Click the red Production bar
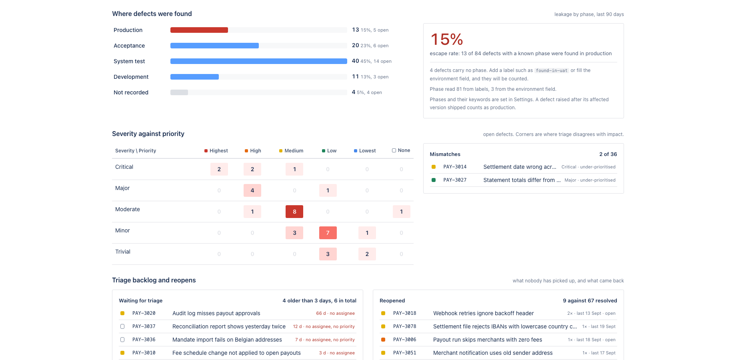[x=199, y=30]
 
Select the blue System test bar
[x=259, y=61]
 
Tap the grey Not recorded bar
[x=179, y=92]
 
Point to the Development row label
[x=131, y=77]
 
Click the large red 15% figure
[x=447, y=40]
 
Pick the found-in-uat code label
[x=552, y=70]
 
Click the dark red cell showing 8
[x=294, y=212]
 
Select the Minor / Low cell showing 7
[x=328, y=233]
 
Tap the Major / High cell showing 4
[x=252, y=190]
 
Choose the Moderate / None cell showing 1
[x=402, y=212]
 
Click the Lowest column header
[x=365, y=151]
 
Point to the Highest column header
[x=216, y=151]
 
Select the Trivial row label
[x=123, y=252]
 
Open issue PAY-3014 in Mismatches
[x=455, y=167]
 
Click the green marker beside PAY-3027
[x=434, y=180]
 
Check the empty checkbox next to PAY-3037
[x=122, y=326]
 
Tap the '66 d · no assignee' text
[x=335, y=313]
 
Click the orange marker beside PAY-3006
[x=383, y=340]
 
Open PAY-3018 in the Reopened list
[x=404, y=313]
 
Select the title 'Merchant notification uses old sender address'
[x=493, y=353]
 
